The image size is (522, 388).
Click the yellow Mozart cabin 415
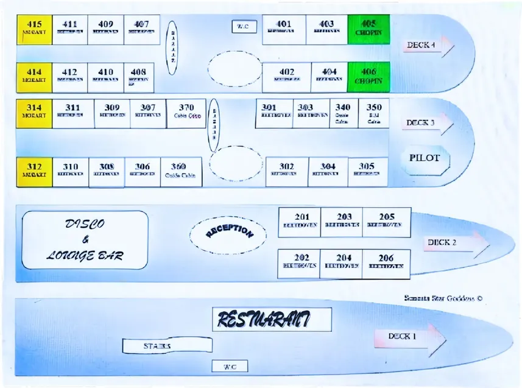pos(34,30)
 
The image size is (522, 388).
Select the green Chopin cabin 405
pos(369,29)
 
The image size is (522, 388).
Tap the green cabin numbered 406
pos(369,77)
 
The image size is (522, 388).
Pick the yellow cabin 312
pos(34,172)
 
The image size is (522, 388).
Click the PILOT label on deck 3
pos(424,158)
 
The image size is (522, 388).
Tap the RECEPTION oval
pos(228,233)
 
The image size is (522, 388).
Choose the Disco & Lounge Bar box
pos(85,240)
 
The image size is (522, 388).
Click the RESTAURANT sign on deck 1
pos(272,319)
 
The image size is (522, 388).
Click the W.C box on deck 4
pos(244,27)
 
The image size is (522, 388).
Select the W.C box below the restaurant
pos(230,366)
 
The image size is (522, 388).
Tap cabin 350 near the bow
pos(374,113)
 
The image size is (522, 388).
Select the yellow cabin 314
pos(34,113)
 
